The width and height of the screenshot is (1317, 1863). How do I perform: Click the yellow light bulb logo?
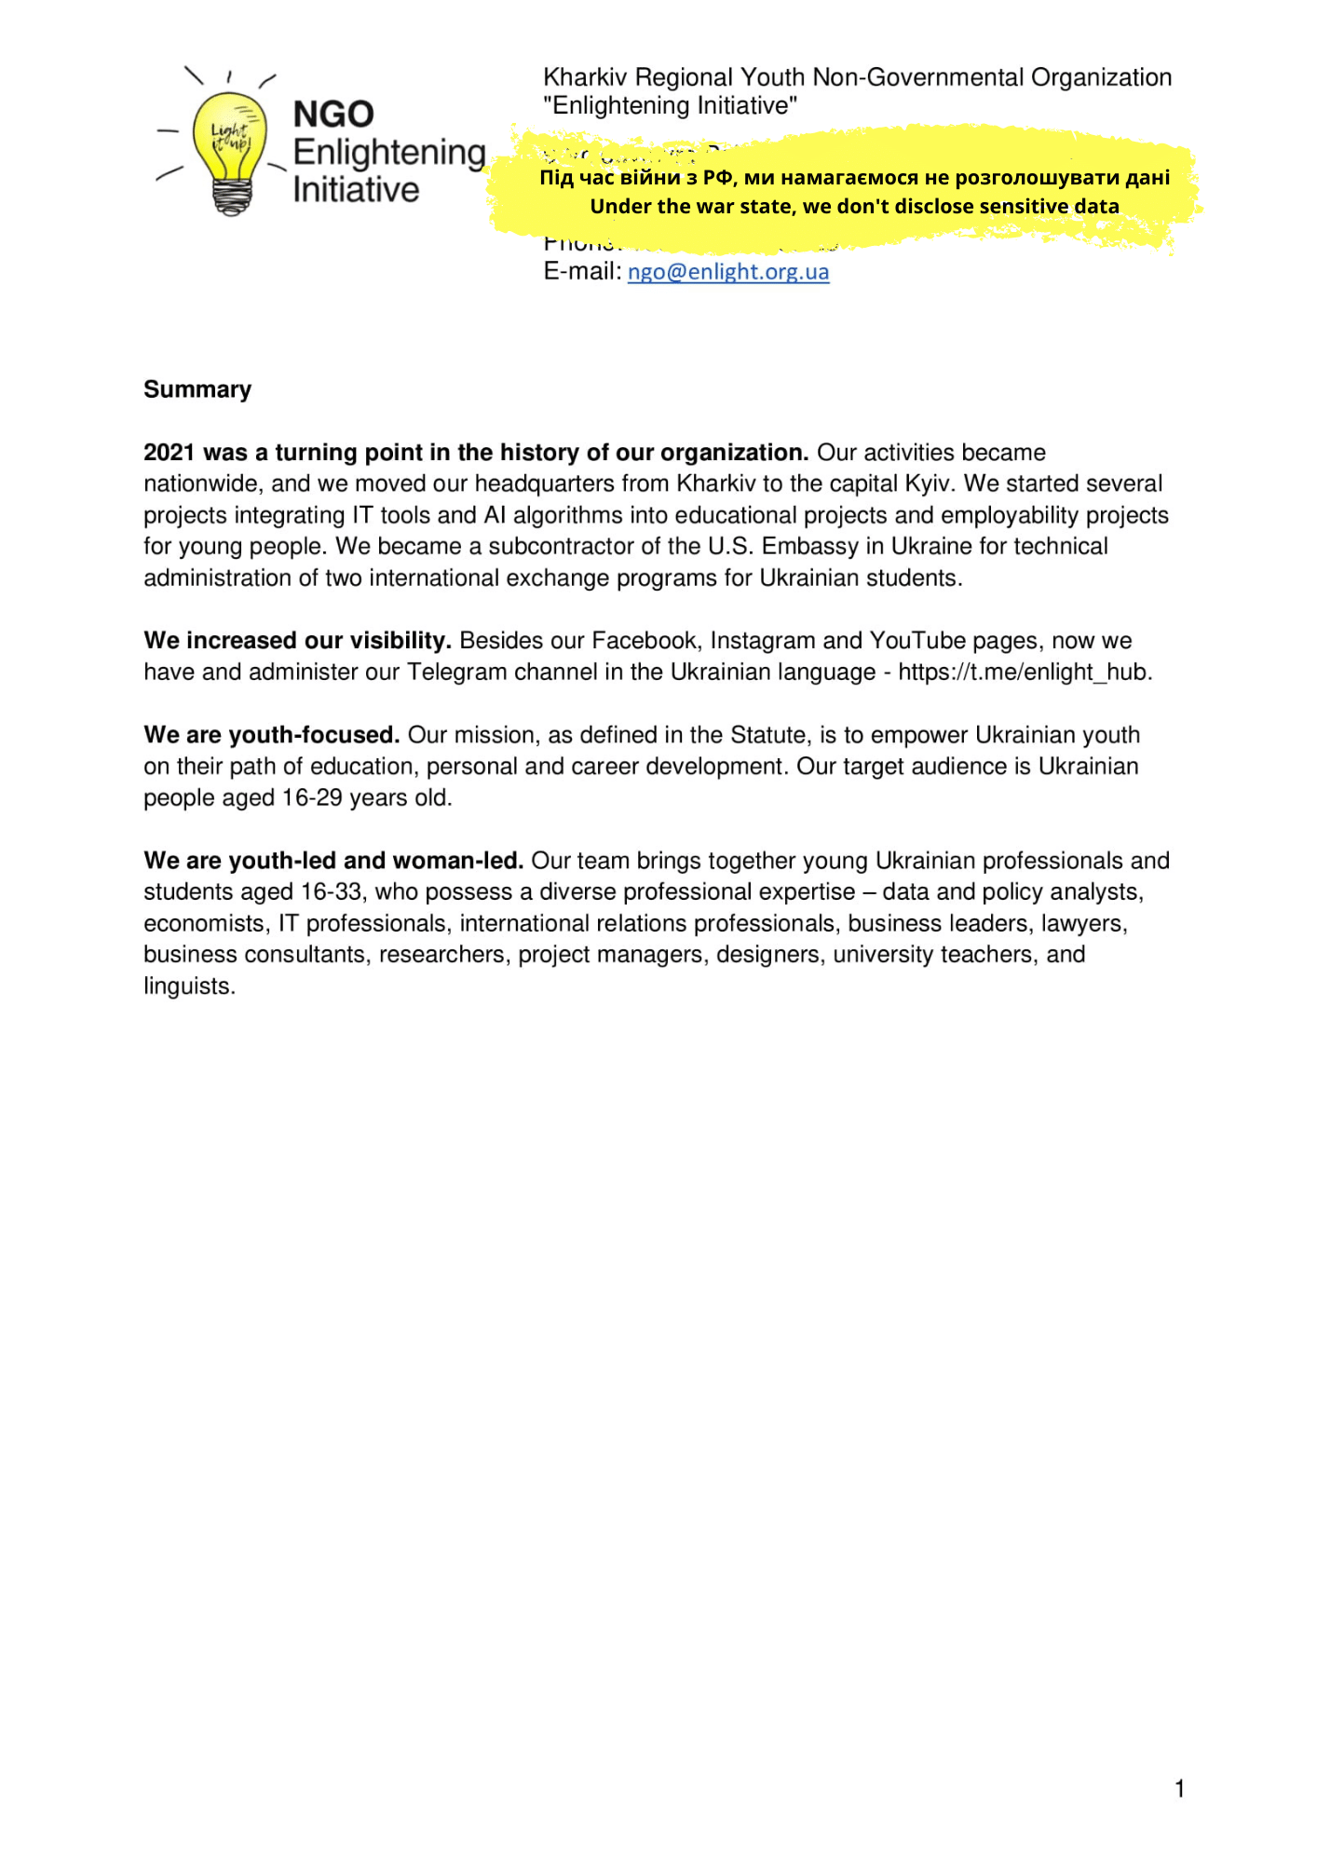tap(229, 149)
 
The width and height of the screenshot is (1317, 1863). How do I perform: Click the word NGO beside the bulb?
tap(333, 115)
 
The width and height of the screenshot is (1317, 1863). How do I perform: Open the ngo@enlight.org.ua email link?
tap(727, 272)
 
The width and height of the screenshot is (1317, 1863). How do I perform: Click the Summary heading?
tap(197, 389)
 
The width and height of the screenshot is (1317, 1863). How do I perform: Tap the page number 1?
tap(1179, 1788)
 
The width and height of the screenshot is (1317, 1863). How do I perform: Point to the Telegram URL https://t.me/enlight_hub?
tap(1024, 673)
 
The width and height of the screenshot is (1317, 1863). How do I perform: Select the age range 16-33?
tap(331, 892)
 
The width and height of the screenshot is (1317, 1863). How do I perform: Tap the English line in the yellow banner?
tap(854, 207)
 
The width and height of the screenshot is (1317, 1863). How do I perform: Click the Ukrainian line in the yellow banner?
tap(854, 178)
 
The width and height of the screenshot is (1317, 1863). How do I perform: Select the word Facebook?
tap(645, 641)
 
